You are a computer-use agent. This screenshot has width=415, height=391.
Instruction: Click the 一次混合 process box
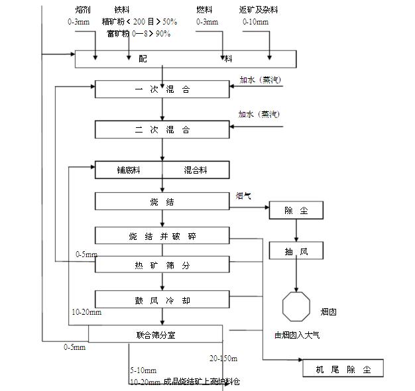(162, 89)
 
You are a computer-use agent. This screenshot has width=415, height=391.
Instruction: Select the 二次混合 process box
(162, 129)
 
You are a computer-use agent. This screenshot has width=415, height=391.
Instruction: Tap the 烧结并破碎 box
(162, 236)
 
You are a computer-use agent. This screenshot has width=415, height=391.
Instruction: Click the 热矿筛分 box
(162, 266)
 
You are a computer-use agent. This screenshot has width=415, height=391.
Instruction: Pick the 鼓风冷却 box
(162, 300)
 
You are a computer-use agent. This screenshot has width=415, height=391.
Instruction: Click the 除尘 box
(296, 211)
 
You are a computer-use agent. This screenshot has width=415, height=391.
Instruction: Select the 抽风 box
(296, 251)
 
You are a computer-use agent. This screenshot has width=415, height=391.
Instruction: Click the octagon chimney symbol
(296, 307)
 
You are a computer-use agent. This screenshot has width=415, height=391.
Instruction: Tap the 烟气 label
(243, 196)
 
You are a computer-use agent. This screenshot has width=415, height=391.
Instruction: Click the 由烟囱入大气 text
(297, 335)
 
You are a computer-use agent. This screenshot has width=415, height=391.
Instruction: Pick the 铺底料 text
(128, 170)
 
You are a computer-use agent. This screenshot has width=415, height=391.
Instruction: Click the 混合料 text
(196, 170)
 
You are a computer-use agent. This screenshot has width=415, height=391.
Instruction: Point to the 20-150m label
(223, 359)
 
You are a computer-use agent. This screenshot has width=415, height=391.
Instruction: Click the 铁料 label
(121, 11)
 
